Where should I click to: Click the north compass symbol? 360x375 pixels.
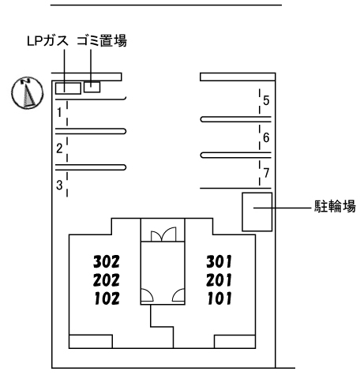click(x=28, y=93)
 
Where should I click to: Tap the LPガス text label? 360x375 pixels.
click(x=47, y=41)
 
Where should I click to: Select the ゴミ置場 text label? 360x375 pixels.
click(x=102, y=41)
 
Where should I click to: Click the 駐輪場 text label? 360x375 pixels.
click(x=335, y=206)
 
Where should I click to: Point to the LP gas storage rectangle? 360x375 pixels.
click(x=68, y=88)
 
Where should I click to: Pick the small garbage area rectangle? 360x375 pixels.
click(x=92, y=87)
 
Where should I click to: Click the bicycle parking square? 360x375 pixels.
click(x=257, y=212)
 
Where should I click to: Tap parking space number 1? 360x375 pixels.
click(x=59, y=112)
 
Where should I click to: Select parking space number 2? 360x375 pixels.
click(x=59, y=148)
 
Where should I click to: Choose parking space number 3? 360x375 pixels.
click(x=59, y=185)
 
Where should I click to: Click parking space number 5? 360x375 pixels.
click(x=266, y=100)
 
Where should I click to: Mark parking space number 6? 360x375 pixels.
click(x=266, y=137)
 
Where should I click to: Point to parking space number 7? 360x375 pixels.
click(x=266, y=173)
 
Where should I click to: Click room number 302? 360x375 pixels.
click(x=107, y=261)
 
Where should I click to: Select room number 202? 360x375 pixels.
click(x=107, y=280)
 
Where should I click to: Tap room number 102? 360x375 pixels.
click(x=107, y=298)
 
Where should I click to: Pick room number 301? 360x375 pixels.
click(x=219, y=261)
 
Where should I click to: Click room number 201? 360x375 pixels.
click(x=219, y=280)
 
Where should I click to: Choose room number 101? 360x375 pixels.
click(x=219, y=298)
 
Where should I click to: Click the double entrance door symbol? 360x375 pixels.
click(x=163, y=234)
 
